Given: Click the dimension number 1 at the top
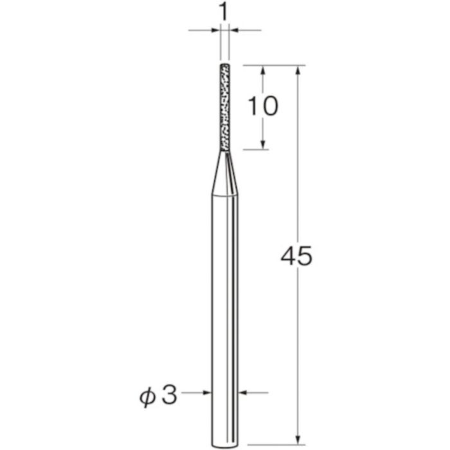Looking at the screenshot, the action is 224,13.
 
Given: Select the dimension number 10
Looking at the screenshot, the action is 263,106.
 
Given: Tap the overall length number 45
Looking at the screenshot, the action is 296,256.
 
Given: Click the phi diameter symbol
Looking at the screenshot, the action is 147,397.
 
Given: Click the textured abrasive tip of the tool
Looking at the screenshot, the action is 225,107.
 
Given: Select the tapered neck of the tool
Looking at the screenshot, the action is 225,174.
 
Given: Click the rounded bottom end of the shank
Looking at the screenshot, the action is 225,446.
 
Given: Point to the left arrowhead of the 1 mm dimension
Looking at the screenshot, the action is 215,30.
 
